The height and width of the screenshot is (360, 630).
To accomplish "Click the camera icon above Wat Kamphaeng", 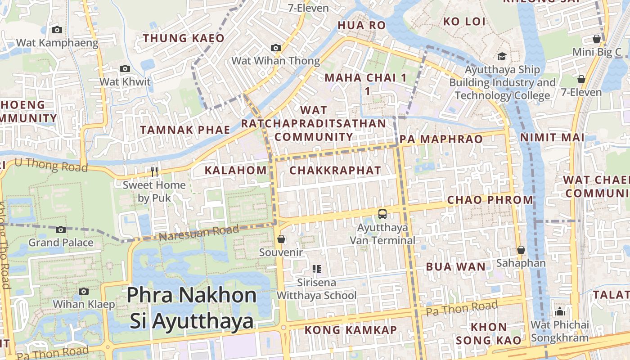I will point(57,30).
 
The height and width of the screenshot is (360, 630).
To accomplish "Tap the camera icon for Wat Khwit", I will point(125,69).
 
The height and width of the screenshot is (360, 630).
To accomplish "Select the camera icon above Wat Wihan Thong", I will point(276,48).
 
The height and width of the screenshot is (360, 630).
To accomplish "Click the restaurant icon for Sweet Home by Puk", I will point(154,171).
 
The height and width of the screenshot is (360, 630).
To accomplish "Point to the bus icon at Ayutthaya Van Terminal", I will point(382,214).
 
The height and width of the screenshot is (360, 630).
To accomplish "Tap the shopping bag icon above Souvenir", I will point(281,239).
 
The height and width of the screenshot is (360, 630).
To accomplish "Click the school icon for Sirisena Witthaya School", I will point(317,269).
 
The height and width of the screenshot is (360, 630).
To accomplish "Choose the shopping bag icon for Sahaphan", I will point(521,250).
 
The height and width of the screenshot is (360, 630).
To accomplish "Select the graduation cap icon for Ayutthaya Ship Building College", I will point(502,57).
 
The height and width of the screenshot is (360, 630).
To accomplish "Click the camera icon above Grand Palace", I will point(61,229).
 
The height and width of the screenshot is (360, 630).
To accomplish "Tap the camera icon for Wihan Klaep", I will point(84,291).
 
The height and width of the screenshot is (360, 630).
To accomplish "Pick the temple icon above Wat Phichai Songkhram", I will point(560,311).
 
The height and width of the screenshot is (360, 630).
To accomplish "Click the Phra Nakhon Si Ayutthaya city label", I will point(192,308).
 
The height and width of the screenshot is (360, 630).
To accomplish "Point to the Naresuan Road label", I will point(199,233).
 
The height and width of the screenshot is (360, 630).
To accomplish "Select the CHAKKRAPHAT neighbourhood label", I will point(335,171).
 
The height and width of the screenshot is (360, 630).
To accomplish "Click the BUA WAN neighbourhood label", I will point(456,267).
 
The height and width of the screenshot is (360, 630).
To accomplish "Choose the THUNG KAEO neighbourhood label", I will point(184,38).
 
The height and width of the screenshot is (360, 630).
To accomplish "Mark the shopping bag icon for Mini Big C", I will point(597,39).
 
